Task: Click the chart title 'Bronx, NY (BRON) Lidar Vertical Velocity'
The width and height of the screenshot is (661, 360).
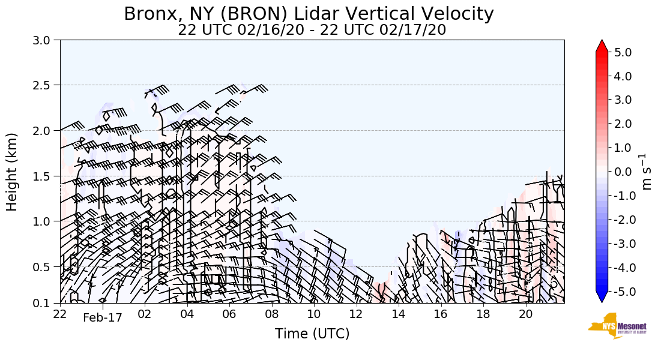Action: point(309,14)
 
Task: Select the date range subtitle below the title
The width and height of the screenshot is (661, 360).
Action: point(312,30)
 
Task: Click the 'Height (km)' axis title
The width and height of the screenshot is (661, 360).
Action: point(13,172)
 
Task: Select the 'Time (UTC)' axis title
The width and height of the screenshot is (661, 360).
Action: point(312,334)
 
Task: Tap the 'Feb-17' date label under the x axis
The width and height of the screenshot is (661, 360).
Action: point(103,318)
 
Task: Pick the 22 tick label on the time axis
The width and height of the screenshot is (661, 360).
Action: point(60,314)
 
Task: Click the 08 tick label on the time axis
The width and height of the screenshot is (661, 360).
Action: point(272,314)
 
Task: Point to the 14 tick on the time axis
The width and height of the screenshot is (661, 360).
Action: point(399,314)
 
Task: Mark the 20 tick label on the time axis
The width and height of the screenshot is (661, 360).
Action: point(525,314)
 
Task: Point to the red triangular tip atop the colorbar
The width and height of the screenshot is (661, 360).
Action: point(602,46)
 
